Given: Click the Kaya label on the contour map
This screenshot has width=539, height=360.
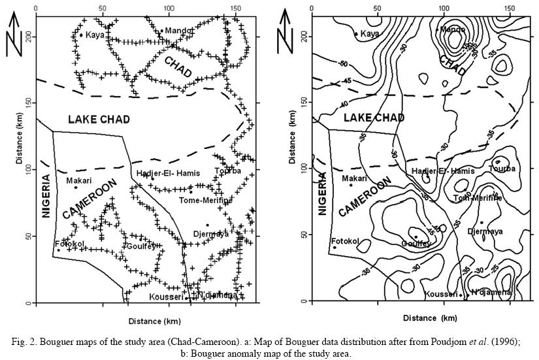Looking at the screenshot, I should (x=370, y=33).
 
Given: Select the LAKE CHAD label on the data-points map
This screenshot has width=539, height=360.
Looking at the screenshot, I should (x=99, y=120).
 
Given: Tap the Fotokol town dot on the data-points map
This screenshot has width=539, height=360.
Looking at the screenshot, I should (x=58, y=250).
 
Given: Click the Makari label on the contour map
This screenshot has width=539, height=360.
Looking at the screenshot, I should (x=354, y=178).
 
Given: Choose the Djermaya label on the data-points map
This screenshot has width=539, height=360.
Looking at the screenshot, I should (x=211, y=234).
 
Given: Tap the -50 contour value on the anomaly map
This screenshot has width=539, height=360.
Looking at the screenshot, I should (x=343, y=64).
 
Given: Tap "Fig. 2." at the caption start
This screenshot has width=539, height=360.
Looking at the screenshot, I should (x=31, y=341).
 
